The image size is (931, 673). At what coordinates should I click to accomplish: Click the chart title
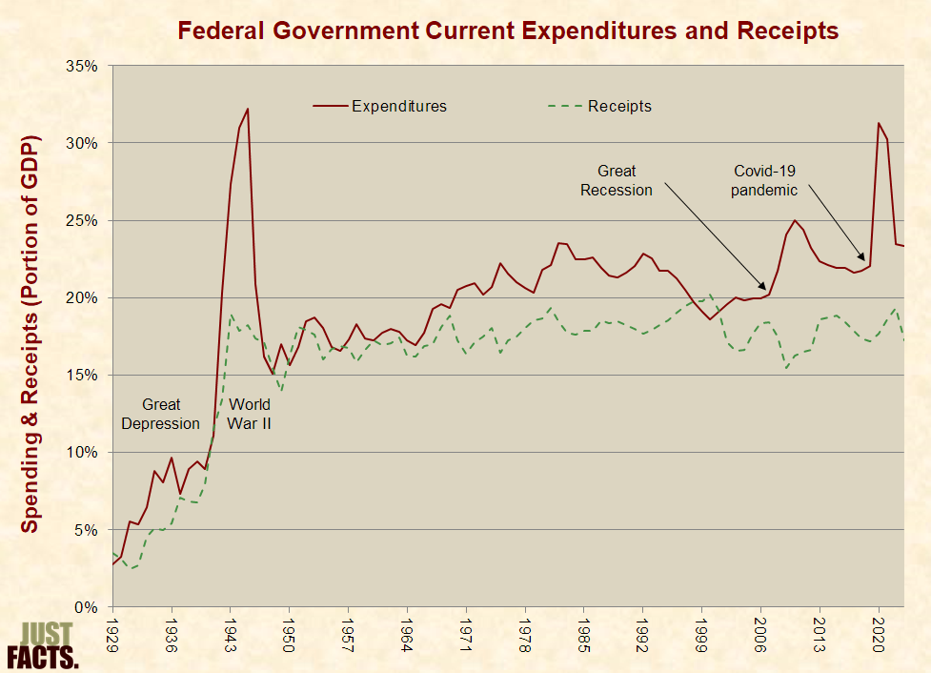[508, 31]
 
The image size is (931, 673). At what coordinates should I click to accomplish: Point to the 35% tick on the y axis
[84, 66]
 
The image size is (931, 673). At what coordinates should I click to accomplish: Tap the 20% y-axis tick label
[84, 297]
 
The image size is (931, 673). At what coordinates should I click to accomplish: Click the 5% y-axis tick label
[88, 529]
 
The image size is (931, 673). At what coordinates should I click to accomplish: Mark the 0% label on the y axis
[88, 606]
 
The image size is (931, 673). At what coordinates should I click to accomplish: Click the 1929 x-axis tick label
[113, 636]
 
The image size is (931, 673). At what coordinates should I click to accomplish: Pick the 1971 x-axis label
[466, 636]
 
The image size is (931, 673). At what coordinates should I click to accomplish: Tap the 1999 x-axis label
[701, 636]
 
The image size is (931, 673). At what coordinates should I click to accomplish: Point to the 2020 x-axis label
[878, 636]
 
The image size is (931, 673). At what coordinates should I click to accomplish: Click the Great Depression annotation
[161, 414]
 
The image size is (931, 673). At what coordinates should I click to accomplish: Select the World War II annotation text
[250, 414]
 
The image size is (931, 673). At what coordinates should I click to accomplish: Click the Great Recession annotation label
[617, 180]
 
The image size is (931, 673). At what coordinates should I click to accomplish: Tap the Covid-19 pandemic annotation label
[763, 180]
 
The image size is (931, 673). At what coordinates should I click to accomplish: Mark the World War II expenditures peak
[248, 109]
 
